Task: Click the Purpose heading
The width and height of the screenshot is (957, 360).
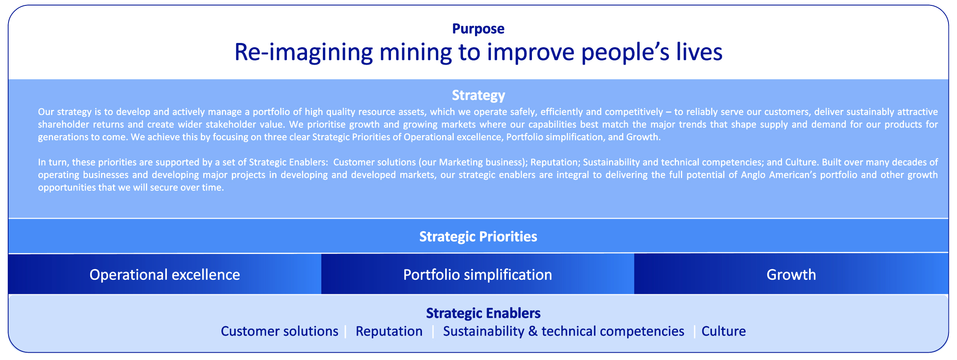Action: pos(478,29)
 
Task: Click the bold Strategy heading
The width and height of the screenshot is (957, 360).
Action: pos(478,96)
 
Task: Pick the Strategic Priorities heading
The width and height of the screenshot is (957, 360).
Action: pos(478,237)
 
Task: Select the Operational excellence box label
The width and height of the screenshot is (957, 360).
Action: pos(165,275)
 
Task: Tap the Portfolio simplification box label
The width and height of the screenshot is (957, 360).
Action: pos(477,275)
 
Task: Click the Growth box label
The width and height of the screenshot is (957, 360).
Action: pos(791,275)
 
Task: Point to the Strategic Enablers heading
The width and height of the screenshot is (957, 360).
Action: pos(483,313)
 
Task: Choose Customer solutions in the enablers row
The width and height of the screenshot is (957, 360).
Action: pos(280,331)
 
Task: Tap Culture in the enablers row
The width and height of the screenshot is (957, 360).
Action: pos(724,331)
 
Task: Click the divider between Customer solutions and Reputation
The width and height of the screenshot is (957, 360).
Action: pos(346,332)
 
